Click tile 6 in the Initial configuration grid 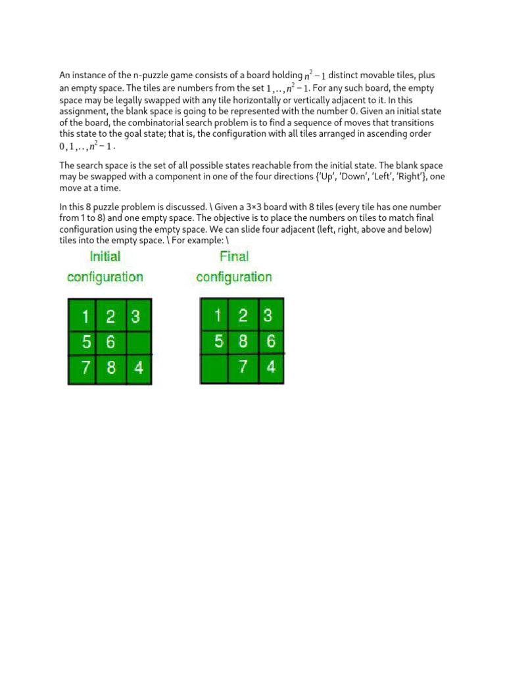pyautogui.click(x=110, y=342)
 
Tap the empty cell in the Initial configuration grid pyautogui.click(x=137, y=342)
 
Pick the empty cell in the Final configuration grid pyautogui.click(x=214, y=368)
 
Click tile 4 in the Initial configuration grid pyautogui.click(x=137, y=368)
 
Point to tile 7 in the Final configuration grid pyautogui.click(x=243, y=367)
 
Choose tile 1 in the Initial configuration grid pyautogui.click(x=84, y=317)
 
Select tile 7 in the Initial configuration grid pyautogui.click(x=84, y=368)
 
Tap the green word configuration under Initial pyautogui.click(x=105, y=277)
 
